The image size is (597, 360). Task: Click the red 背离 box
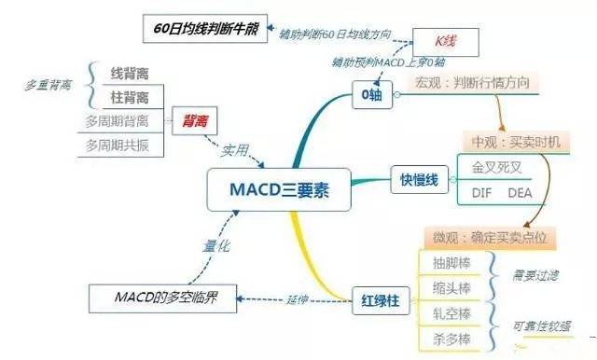point(195,119)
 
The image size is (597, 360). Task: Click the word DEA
point(520,193)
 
